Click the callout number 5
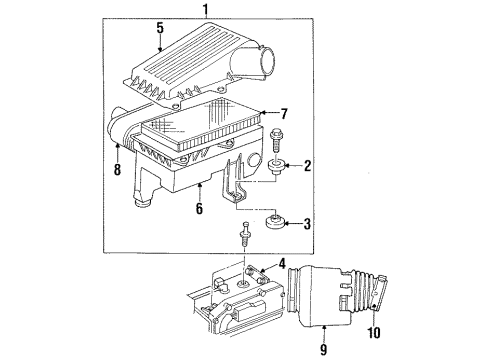pos(160,28)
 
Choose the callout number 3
pos(308,225)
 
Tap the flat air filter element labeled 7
pos(200,127)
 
